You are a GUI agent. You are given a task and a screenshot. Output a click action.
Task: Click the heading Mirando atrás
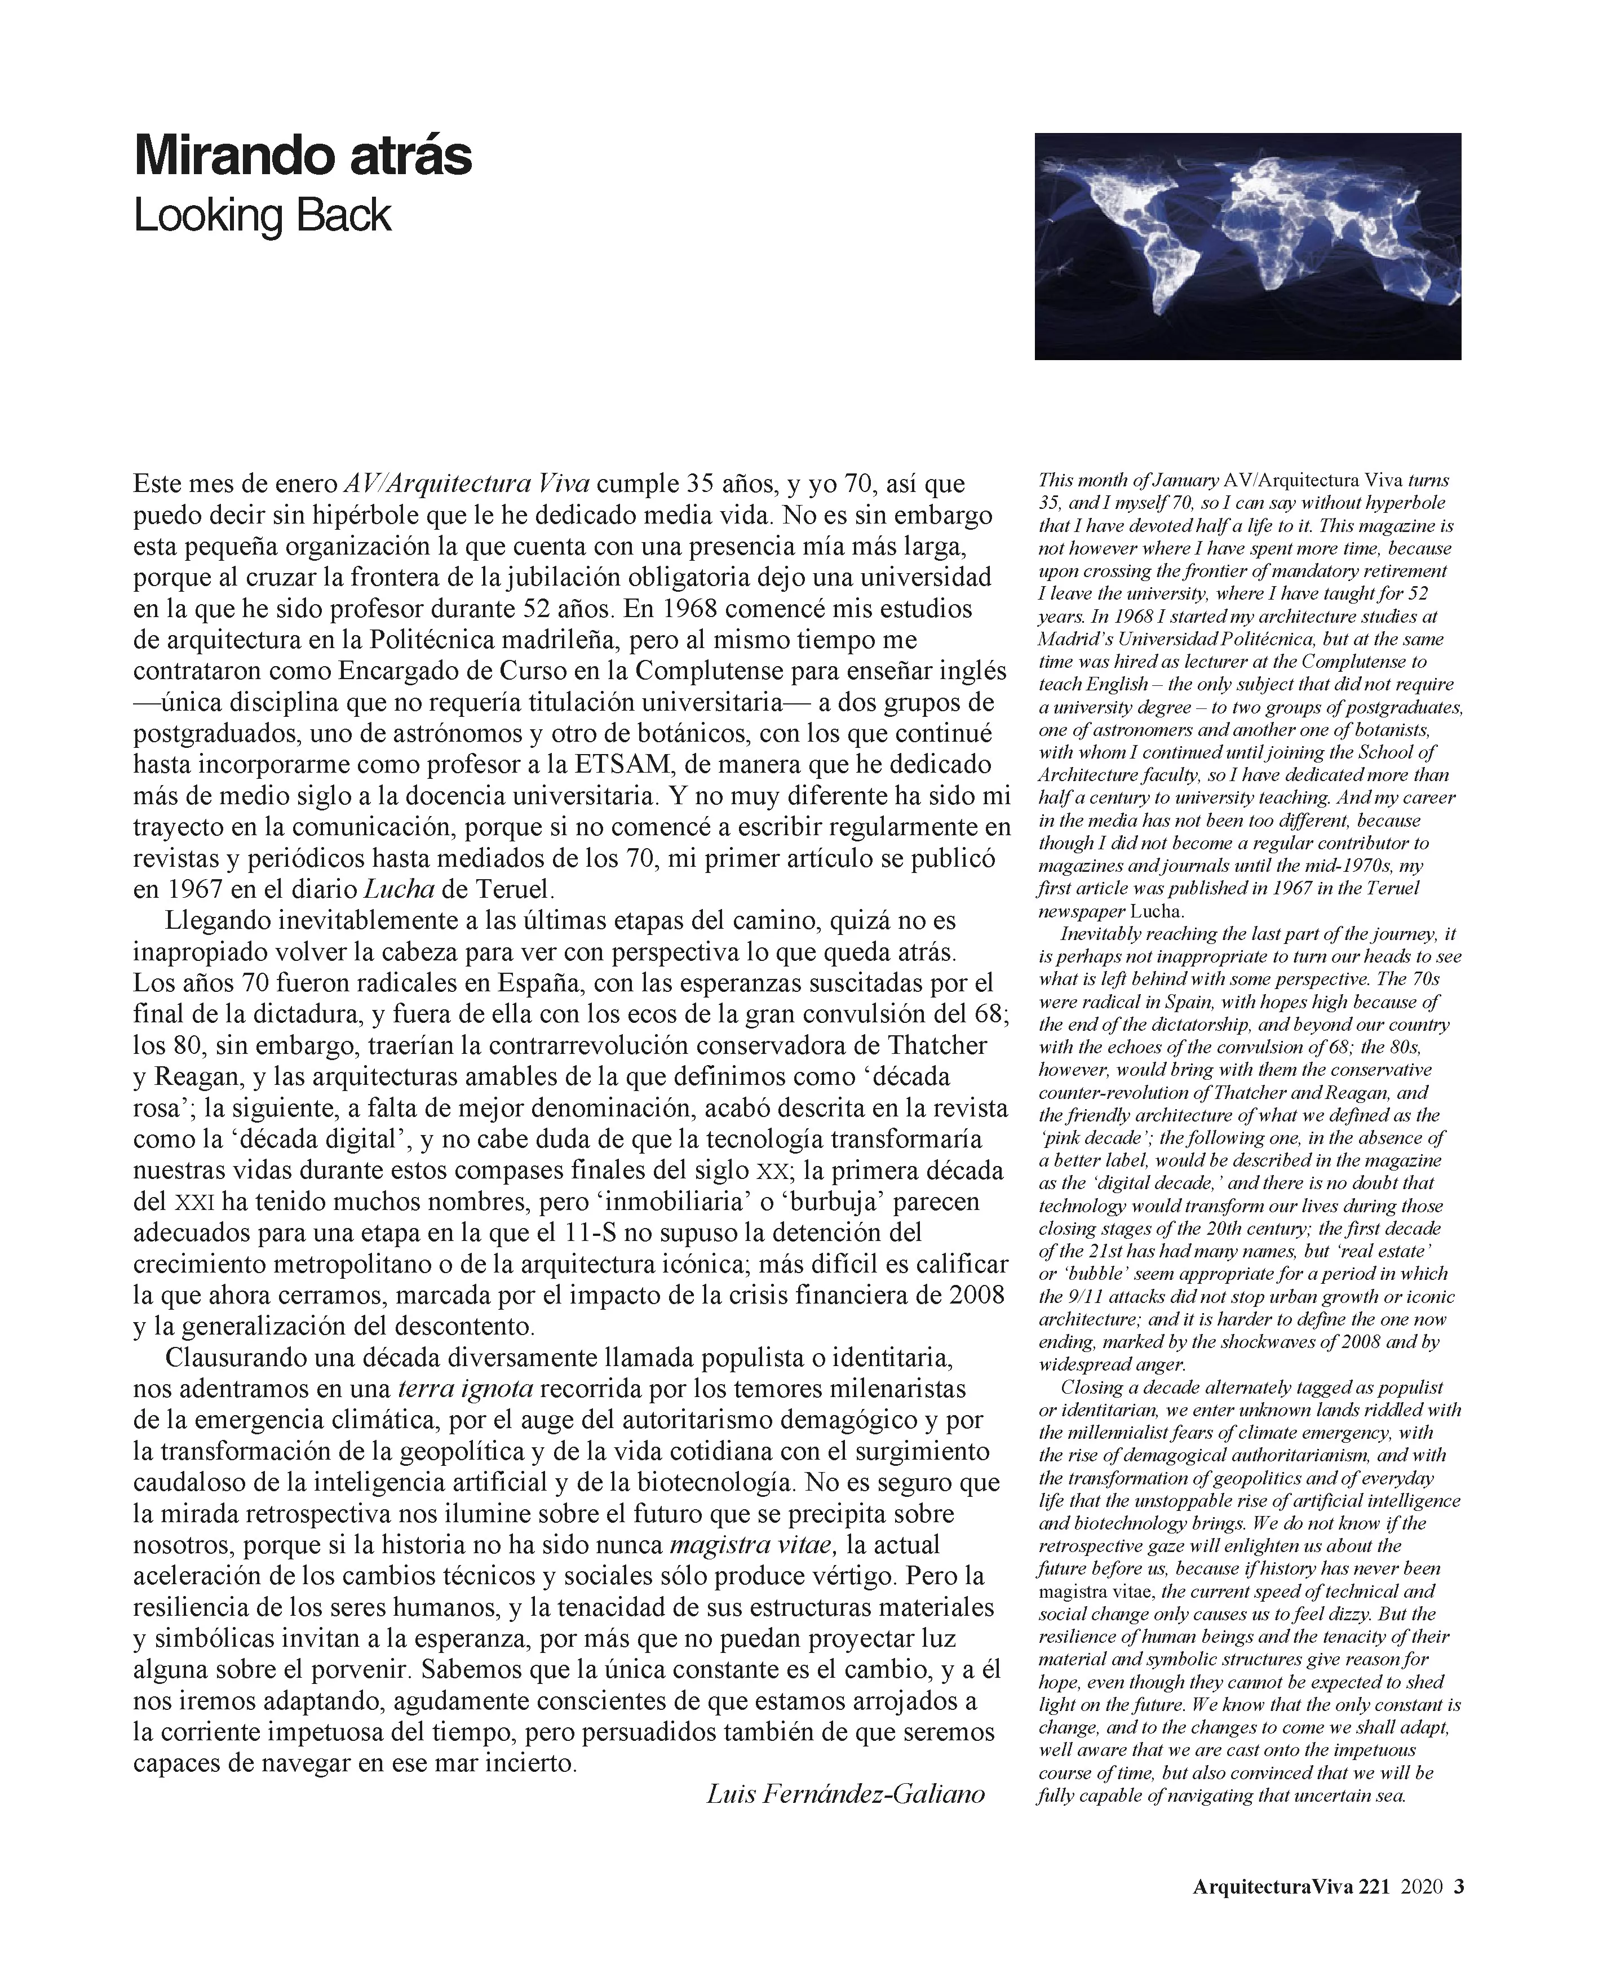(x=302, y=157)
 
